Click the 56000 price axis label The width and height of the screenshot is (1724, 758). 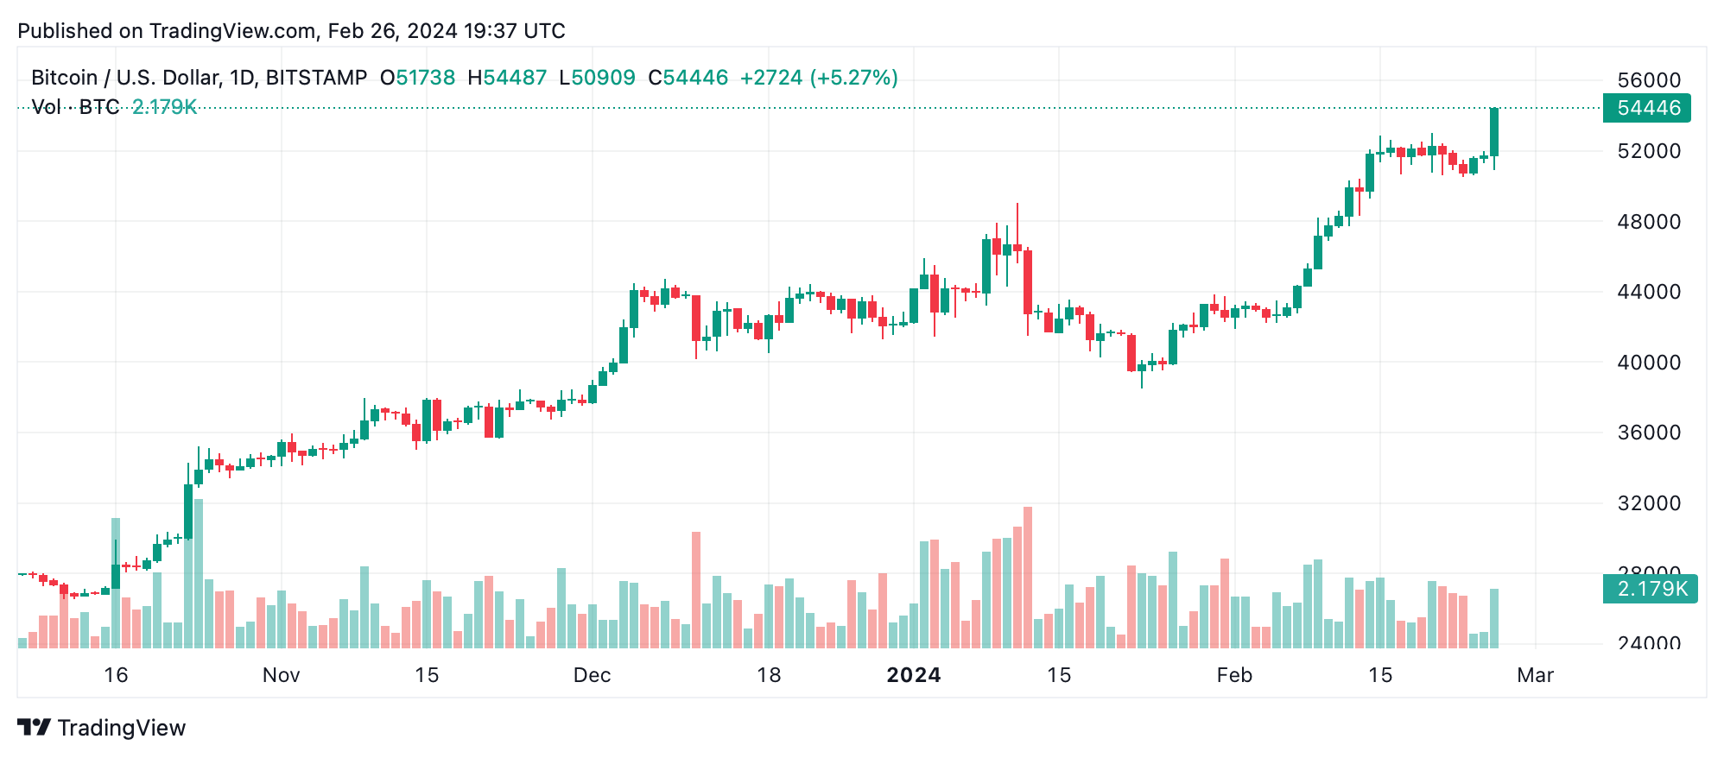1648,80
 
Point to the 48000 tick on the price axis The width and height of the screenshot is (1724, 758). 1648,222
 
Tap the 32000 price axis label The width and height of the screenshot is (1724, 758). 1648,503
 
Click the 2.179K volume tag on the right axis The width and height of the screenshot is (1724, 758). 1650,589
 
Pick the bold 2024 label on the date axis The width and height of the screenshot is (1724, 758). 913,675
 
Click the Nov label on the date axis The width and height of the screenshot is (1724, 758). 281,675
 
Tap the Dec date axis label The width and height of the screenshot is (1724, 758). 592,675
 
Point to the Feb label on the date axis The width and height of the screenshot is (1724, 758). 1234,675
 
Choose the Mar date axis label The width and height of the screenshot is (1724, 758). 1535,675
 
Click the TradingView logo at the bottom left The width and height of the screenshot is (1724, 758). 102,728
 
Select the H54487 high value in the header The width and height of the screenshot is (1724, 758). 507,78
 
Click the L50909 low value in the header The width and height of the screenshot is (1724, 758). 597,78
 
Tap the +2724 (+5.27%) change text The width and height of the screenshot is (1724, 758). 819,78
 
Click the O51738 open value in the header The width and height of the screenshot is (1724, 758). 417,78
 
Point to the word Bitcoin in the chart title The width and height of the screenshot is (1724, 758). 64,78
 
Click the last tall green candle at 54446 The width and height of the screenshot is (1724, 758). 1494,132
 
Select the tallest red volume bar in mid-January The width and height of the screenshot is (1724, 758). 1028,577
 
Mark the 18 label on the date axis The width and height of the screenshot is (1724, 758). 769,675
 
